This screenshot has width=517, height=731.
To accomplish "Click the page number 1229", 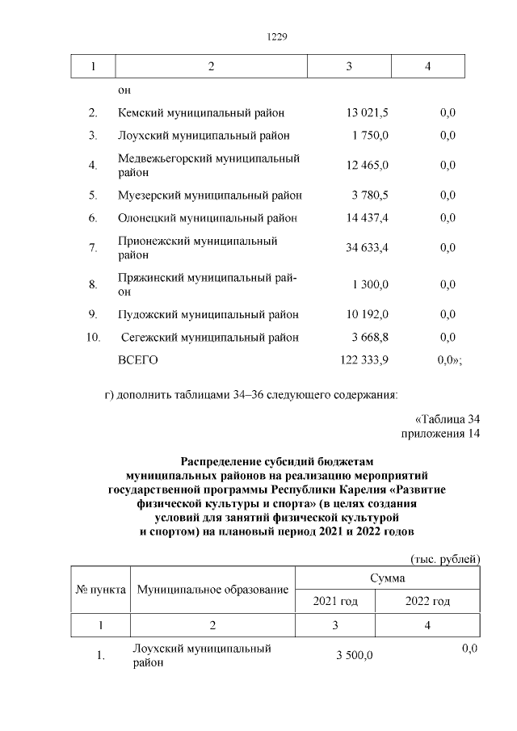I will pos(277,37).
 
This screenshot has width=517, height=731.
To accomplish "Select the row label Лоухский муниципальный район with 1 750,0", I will pos(204,136).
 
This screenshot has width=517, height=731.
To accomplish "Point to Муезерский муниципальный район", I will pos(210,195).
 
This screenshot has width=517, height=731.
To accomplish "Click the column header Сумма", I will pos(387,578).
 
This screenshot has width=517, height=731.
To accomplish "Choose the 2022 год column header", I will pos(427,602).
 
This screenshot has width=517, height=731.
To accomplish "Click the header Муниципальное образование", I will pos(212,590).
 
